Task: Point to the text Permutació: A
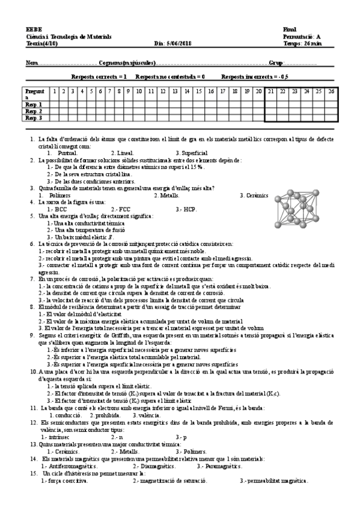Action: pyautogui.click(x=301, y=36)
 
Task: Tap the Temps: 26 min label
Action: pyautogui.click(x=301, y=43)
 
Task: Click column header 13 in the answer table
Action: pyautogui.click(x=175, y=91)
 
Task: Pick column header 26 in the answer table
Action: pyautogui.click(x=331, y=91)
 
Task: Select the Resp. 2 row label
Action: pyautogui.click(x=34, y=111)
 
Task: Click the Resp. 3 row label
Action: pyautogui.click(x=34, y=118)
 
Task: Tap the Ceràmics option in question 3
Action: pyautogui.click(x=254, y=195)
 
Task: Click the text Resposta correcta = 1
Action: pyautogui.click(x=99, y=77)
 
